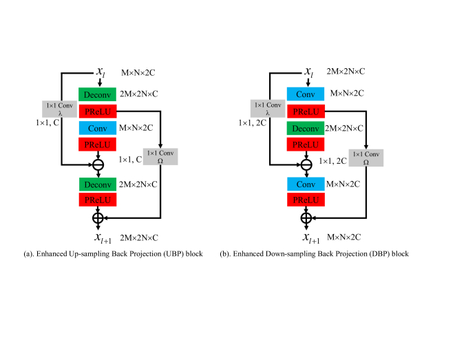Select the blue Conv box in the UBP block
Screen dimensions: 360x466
[x=97, y=129]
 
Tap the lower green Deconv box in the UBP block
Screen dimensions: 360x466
[x=97, y=184]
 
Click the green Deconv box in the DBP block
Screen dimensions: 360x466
[x=306, y=129]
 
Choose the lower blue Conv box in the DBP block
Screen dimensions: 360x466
[x=306, y=184]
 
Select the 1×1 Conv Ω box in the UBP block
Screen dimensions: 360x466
[x=160, y=157]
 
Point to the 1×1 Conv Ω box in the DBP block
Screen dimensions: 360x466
[x=366, y=157]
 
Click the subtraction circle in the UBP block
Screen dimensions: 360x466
[x=97, y=165]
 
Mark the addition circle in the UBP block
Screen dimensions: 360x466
[x=97, y=218]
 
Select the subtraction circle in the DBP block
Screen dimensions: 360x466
[x=306, y=165]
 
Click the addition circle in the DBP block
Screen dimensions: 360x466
[x=306, y=218]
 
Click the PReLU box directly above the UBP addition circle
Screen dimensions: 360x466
[x=97, y=200]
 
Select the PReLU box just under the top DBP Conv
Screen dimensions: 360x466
[x=306, y=111]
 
